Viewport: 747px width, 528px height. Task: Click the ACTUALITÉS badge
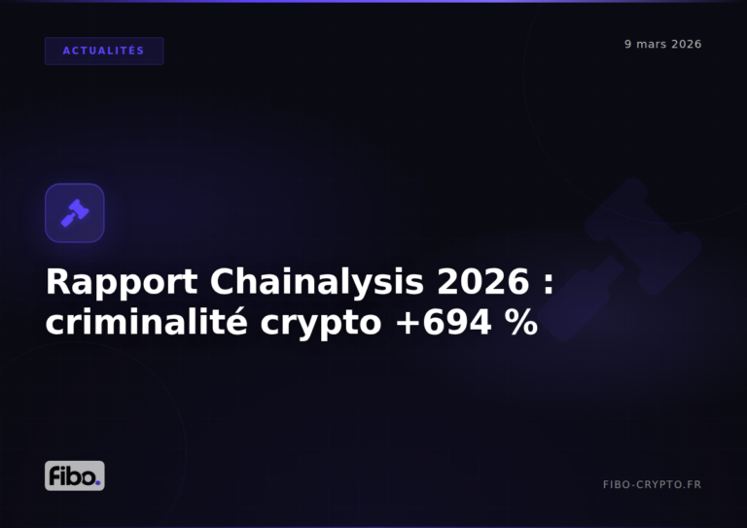coord(104,51)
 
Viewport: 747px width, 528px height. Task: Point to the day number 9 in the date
coord(628,45)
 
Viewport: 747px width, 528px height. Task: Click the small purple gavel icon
coord(75,213)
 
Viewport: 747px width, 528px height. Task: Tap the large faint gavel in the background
coord(642,239)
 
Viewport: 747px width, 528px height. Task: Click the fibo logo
coord(75,475)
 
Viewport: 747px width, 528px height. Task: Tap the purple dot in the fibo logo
coord(98,481)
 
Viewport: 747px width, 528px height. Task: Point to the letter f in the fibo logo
coord(54,475)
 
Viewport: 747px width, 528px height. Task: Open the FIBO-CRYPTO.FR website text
coord(652,484)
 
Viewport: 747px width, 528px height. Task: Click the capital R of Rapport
coord(58,283)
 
